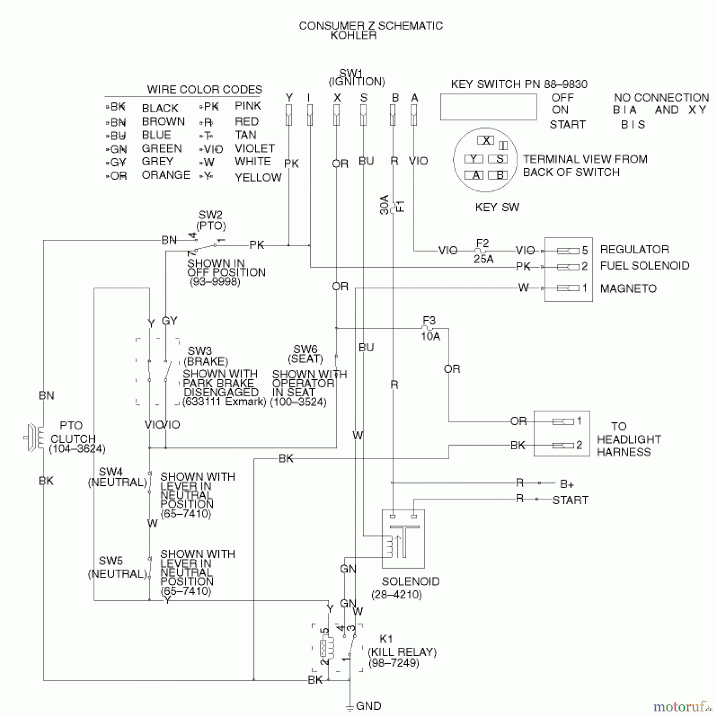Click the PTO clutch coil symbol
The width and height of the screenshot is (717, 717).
point(34,438)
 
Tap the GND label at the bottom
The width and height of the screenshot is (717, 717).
point(368,706)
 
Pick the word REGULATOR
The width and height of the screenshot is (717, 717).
point(635,249)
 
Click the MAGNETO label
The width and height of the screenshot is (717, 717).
point(628,288)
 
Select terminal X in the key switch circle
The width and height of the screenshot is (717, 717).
point(486,141)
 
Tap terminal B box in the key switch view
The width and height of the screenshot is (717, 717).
point(498,175)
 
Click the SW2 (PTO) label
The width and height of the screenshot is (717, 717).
point(211,220)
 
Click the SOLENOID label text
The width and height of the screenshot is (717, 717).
point(410,581)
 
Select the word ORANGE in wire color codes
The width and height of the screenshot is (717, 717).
point(166,175)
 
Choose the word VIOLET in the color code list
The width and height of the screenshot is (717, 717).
point(255,149)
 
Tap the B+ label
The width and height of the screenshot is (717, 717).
point(567,484)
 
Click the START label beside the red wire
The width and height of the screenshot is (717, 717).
point(570,500)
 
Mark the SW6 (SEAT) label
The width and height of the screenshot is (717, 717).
point(306,354)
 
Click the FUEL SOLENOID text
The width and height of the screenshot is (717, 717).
point(645,266)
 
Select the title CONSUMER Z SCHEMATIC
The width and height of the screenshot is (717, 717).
point(370,26)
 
